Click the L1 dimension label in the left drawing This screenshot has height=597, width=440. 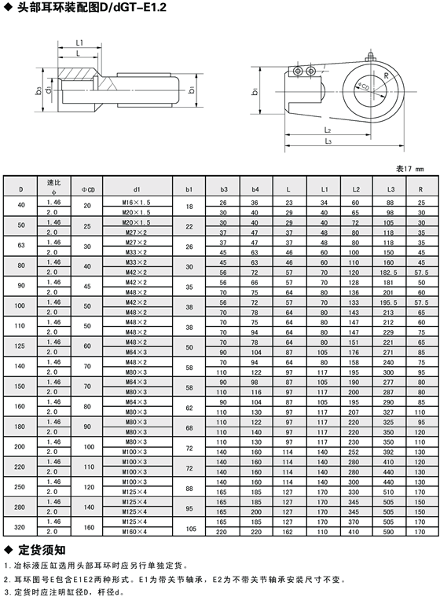tap(79, 43)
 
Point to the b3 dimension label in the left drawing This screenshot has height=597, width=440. tap(38, 90)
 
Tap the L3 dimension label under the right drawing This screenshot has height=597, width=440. tap(328, 141)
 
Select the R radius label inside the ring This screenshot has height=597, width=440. tap(387, 75)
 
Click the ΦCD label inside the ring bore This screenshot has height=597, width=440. tap(364, 86)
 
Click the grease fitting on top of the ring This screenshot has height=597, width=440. tap(369, 56)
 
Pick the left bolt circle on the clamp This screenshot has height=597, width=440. tap(298, 71)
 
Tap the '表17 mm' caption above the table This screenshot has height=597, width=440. tap(410, 169)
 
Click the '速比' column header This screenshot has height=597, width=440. tap(53, 182)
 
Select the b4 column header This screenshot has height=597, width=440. tap(255, 189)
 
